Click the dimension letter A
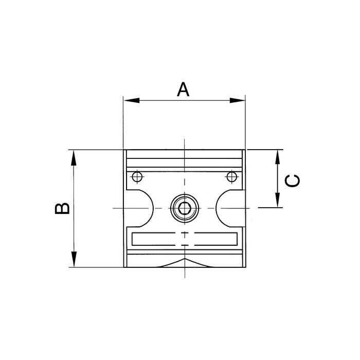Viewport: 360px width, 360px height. [x=184, y=88]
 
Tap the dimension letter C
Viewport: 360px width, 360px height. [x=292, y=181]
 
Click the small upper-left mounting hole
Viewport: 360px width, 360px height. [x=136, y=177]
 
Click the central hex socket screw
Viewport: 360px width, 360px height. [x=184, y=208]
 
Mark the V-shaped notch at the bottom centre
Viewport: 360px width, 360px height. [x=184, y=263]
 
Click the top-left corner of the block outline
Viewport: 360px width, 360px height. [x=124, y=150]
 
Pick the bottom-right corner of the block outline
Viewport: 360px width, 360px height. [x=245, y=267]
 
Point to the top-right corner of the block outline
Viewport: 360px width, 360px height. [x=245, y=150]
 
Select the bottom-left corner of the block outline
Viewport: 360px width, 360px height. [x=124, y=267]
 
